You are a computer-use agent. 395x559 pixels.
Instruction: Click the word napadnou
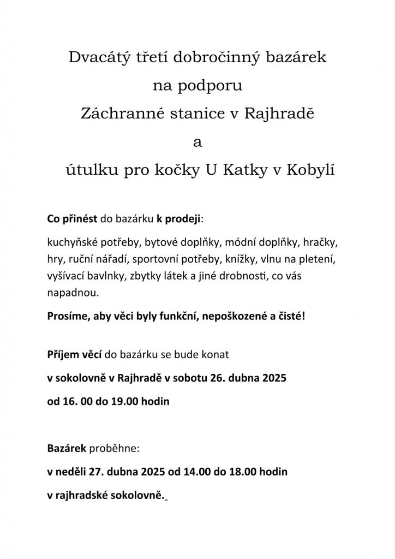click(x=74, y=293)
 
